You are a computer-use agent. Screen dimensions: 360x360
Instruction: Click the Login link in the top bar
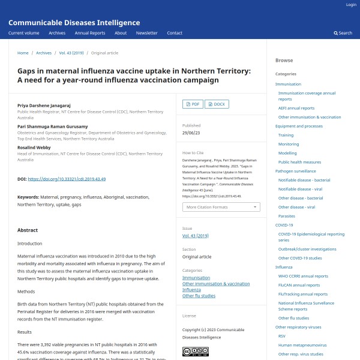(351, 5)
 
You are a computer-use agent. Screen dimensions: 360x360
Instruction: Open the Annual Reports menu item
(90, 33)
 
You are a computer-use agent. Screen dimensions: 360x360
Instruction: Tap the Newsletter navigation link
(146, 33)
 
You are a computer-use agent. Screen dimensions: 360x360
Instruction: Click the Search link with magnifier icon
(343, 33)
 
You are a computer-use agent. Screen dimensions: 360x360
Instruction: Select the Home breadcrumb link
(23, 53)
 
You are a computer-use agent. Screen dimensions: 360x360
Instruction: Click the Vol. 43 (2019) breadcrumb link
(71, 53)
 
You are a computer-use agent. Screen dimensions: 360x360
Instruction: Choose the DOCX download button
(217, 104)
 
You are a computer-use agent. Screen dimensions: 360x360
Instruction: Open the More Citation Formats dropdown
(221, 207)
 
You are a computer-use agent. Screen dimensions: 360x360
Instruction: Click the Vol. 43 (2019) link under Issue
(195, 236)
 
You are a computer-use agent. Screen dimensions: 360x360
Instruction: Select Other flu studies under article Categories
(199, 296)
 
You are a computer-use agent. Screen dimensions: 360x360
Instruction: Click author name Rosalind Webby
(34, 147)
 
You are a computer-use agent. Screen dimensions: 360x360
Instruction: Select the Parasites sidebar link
(287, 216)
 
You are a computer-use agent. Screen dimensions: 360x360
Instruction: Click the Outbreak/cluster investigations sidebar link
(307, 249)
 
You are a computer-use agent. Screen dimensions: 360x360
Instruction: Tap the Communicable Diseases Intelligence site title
(74, 22)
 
